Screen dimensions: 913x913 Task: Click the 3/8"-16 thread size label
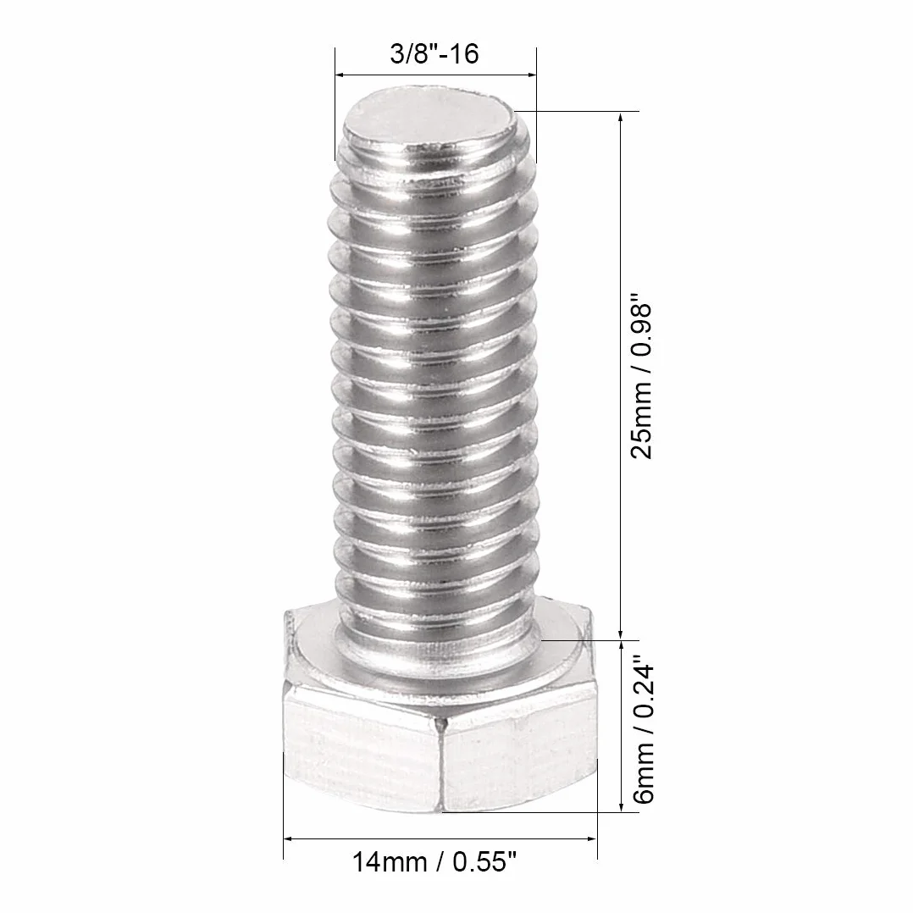434,54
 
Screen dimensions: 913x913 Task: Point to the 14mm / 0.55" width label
434,862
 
